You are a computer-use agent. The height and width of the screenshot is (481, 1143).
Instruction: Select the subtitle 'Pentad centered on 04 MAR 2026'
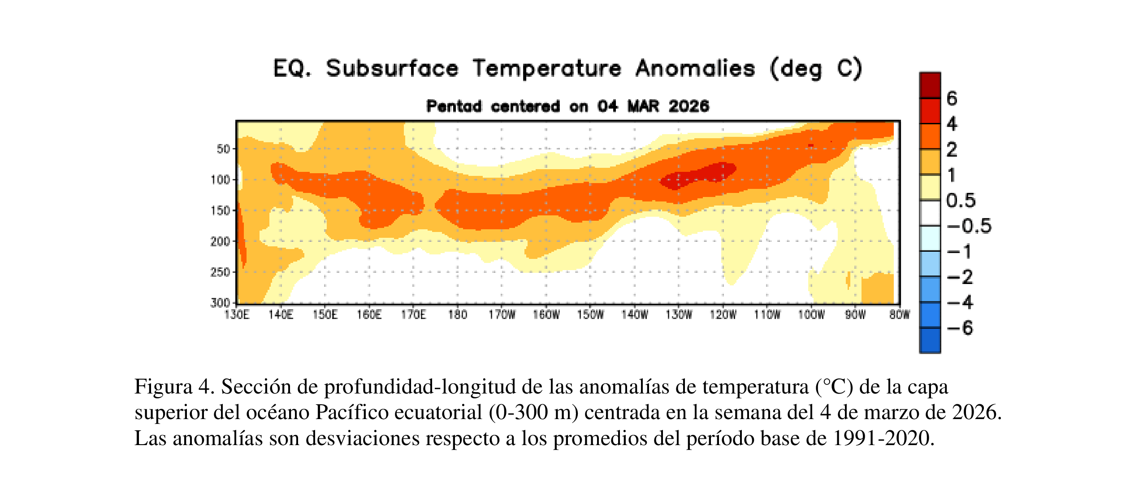(567, 106)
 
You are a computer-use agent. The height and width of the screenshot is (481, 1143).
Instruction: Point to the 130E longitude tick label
(236, 315)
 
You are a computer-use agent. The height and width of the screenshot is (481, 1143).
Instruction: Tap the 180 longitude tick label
(457, 315)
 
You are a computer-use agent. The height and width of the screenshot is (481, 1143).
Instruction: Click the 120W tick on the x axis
(723, 315)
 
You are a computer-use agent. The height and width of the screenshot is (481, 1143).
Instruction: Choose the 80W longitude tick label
(899, 315)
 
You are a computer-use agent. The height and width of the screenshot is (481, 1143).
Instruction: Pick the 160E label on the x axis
(369, 315)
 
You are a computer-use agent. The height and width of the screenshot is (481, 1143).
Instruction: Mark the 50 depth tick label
(223, 149)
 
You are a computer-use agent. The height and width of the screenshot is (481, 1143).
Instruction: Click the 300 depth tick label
(220, 303)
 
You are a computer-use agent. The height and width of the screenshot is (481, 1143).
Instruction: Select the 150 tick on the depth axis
(220, 210)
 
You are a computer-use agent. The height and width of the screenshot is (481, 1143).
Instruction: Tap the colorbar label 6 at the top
(952, 98)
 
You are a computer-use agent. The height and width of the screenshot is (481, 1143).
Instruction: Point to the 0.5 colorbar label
(961, 201)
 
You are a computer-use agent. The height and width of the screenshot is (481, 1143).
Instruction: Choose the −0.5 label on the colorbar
(969, 226)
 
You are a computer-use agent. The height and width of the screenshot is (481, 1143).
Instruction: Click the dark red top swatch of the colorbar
(930, 85)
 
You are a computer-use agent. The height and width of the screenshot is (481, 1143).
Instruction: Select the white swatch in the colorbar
(930, 213)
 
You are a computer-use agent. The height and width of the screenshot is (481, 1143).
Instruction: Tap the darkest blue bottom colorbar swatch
(930, 341)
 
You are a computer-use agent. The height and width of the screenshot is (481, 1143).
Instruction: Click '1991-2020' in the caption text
(883, 438)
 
